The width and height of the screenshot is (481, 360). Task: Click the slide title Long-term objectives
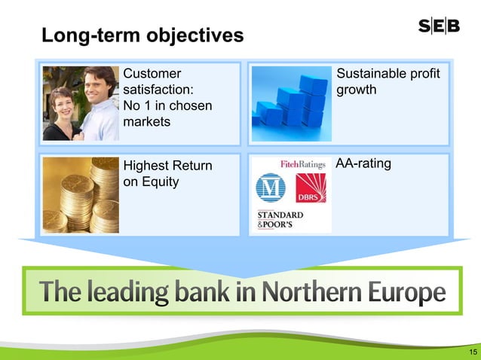[142, 35]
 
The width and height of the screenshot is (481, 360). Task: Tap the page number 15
[473, 352]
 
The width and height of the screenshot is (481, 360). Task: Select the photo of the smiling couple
[81, 103]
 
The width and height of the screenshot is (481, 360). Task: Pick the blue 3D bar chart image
[291, 104]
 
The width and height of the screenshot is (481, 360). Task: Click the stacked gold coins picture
[81, 194]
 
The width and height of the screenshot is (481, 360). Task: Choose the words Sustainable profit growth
[388, 82]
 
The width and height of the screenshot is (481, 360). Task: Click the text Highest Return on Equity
[167, 173]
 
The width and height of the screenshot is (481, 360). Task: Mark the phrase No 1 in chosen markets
[167, 114]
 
